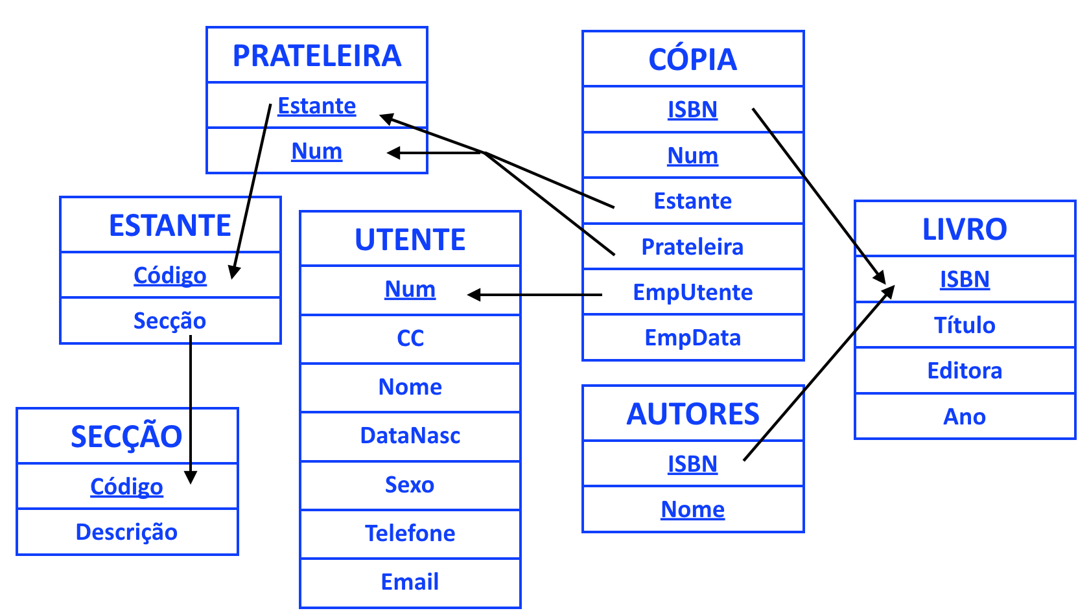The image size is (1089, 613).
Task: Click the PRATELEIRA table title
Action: [317, 56]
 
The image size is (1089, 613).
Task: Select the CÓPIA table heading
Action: [693, 60]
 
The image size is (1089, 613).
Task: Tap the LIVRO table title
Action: [965, 229]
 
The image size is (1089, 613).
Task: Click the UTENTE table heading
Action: [410, 240]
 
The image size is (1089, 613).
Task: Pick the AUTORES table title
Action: [693, 414]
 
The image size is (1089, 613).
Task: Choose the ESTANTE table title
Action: [170, 226]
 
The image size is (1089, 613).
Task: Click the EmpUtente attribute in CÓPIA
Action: [693, 293]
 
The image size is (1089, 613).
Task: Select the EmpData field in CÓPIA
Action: [693, 338]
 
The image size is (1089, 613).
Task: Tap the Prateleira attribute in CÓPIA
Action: [693, 247]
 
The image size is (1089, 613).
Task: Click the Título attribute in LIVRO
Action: [965, 325]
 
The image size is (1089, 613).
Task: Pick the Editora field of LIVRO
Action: [965, 371]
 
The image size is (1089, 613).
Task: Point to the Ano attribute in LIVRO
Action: [965, 417]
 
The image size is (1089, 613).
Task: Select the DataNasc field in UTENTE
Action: [410, 435]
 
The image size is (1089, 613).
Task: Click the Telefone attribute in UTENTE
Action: [410, 533]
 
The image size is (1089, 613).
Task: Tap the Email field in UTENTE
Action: [410, 582]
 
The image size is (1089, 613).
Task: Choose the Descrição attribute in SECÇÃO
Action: [126, 532]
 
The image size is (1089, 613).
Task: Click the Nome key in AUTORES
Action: [693, 509]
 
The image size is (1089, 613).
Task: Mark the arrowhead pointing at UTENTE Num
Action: [473, 295]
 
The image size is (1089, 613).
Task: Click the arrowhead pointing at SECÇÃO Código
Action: [191, 478]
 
